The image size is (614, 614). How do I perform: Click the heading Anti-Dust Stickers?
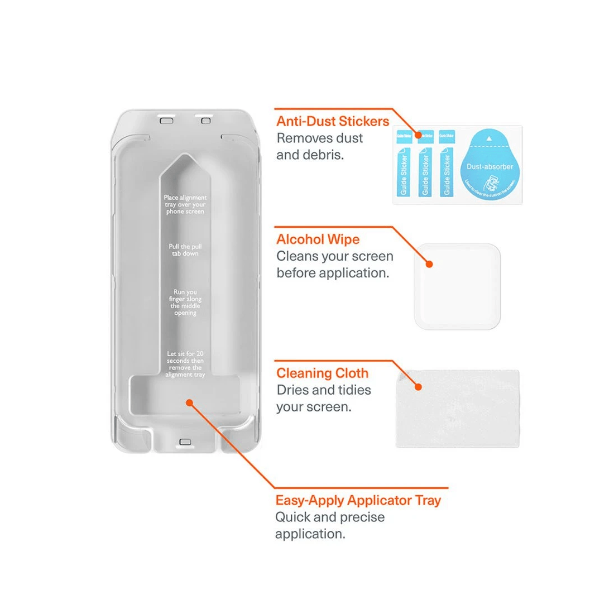[x=333, y=121]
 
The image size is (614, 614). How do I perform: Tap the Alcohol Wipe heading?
[x=318, y=239]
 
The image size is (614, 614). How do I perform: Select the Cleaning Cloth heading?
[x=323, y=373]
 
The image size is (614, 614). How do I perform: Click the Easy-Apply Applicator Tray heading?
[x=358, y=500]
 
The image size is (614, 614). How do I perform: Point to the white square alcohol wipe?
[x=457, y=286]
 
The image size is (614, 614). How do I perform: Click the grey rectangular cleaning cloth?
[x=457, y=409]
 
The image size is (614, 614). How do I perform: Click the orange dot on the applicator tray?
[x=189, y=402]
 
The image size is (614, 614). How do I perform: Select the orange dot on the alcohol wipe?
[x=429, y=264]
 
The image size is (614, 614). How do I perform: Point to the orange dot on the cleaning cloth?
[x=418, y=386]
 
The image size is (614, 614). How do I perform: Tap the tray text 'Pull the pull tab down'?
[x=185, y=250]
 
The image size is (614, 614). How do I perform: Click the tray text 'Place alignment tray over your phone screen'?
[x=185, y=204]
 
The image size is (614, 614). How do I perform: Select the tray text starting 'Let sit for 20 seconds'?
[x=185, y=364]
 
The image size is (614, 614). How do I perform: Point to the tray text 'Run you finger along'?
[x=185, y=303]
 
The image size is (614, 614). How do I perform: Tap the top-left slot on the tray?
[x=166, y=120]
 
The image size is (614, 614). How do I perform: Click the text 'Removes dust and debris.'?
[x=320, y=146]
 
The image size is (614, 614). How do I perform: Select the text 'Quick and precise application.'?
[x=330, y=525]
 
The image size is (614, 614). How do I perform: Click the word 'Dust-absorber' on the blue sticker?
[x=490, y=166]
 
